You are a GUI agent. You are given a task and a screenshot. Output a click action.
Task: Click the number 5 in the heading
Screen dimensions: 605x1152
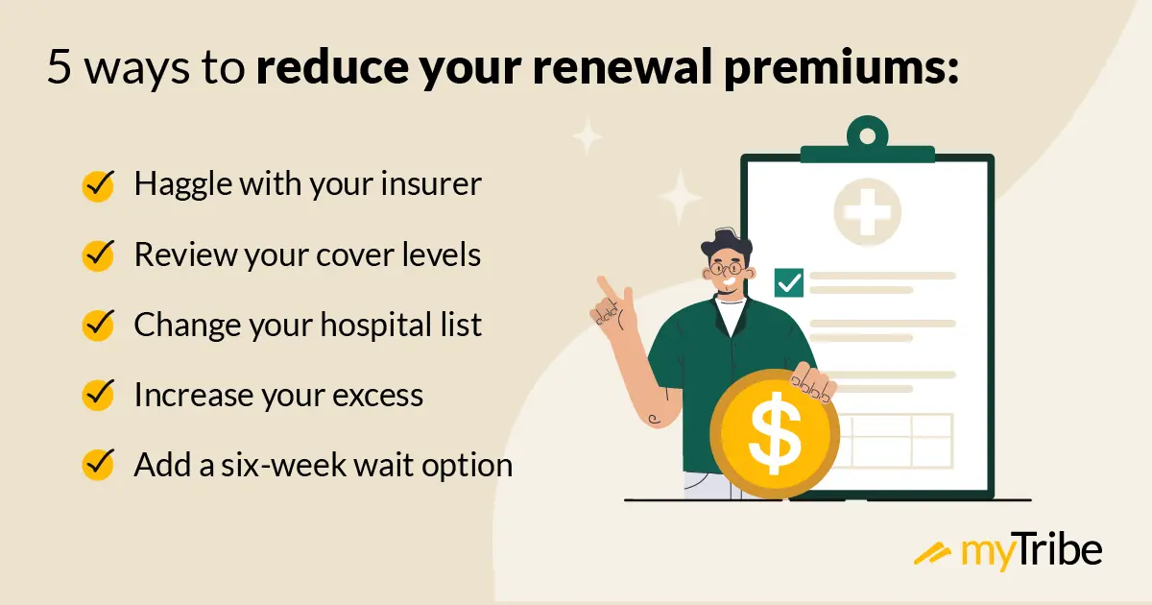click(60, 69)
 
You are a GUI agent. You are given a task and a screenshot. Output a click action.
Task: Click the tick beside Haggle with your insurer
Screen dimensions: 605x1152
click(97, 184)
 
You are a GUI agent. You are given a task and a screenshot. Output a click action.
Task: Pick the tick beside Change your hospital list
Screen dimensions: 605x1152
click(97, 325)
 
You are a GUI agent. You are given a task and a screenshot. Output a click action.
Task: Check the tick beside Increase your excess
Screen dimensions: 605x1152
click(97, 395)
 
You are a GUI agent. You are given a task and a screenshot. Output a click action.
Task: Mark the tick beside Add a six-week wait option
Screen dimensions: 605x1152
click(97, 465)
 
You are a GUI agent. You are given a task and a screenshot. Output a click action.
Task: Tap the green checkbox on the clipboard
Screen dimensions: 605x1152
click(789, 282)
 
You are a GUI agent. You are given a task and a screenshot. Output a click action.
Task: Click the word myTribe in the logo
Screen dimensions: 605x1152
click(1031, 551)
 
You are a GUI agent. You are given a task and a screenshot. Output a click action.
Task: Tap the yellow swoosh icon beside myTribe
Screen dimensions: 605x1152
click(933, 552)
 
